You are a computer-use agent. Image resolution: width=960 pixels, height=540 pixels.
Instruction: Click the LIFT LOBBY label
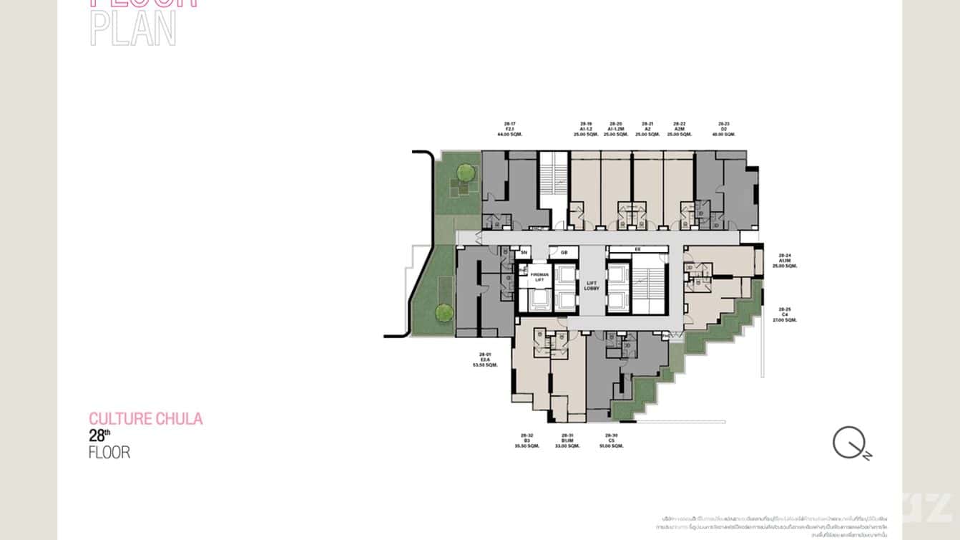[x=591, y=285]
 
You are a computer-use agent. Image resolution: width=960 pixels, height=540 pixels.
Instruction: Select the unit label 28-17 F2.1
[x=509, y=129]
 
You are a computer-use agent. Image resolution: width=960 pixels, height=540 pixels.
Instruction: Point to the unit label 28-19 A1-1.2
[x=586, y=129]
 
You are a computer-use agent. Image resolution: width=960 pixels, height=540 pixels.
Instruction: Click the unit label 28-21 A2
[x=647, y=129]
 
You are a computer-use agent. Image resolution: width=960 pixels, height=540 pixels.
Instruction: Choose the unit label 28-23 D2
[x=724, y=129]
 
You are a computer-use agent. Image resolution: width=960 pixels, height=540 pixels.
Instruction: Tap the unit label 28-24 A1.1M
[x=785, y=260]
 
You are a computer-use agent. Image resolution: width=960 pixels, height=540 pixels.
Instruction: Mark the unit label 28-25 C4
[x=785, y=315]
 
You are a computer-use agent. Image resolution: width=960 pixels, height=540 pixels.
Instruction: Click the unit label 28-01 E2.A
[x=485, y=360]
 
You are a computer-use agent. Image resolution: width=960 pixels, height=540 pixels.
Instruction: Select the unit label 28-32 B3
[x=526, y=440]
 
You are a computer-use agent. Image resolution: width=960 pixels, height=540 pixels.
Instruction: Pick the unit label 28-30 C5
[x=611, y=440]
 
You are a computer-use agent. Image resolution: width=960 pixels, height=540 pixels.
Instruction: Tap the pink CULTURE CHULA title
[x=145, y=418]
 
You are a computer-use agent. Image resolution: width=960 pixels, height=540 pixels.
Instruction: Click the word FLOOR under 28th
[x=109, y=453]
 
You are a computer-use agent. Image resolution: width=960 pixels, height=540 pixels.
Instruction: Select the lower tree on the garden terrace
[x=444, y=312]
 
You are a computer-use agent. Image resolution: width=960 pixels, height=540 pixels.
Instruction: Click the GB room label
[x=564, y=252]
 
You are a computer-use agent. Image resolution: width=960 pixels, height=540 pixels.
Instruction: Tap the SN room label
[x=524, y=252]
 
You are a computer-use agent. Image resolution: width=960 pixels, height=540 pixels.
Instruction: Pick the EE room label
[x=637, y=249]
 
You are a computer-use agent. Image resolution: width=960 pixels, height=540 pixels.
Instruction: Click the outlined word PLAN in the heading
[x=133, y=29]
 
